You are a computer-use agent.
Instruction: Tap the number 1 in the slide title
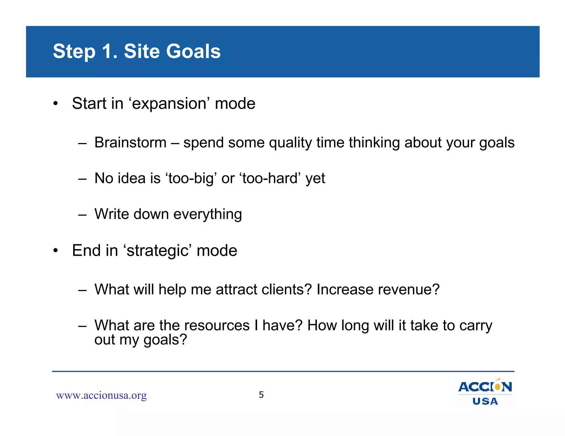[x=108, y=52]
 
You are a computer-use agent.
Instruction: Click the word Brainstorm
[x=130, y=143]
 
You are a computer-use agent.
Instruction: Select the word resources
[x=217, y=325]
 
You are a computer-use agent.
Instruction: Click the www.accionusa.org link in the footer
[x=101, y=395]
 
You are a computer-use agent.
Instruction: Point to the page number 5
[x=261, y=395]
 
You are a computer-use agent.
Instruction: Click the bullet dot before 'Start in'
[x=56, y=104]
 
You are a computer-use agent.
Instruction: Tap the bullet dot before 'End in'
[x=56, y=251]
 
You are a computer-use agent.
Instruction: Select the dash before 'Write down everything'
[x=82, y=215]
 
